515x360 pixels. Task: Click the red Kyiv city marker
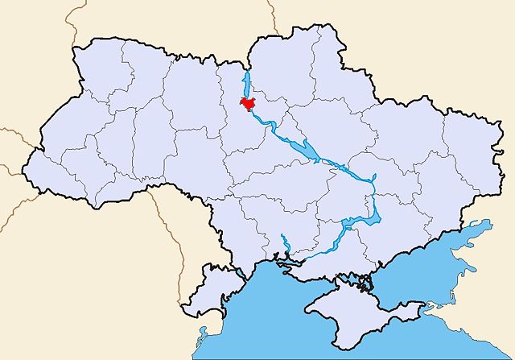click(x=248, y=104)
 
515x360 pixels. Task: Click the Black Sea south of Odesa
click(x=257, y=314)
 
